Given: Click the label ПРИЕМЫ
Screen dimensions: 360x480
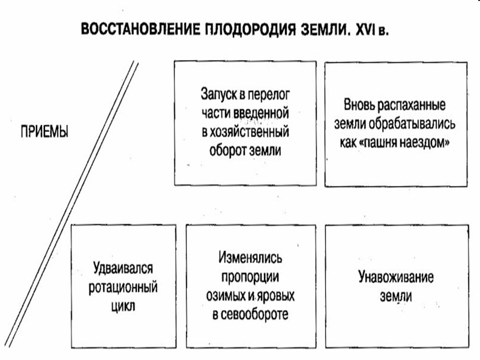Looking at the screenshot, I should coord(43,131).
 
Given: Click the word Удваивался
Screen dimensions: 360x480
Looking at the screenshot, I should coord(124,268).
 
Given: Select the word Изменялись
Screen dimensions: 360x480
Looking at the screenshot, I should coord(249,259).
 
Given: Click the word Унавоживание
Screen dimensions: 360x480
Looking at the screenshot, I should coord(396,278).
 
